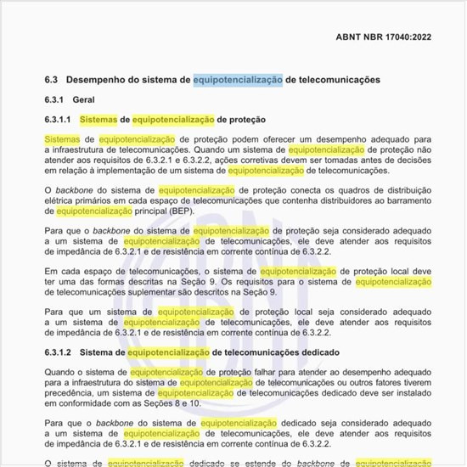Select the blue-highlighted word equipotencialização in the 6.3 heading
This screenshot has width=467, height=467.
tap(238, 79)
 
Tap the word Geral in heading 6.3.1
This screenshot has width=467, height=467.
tap(84, 100)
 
